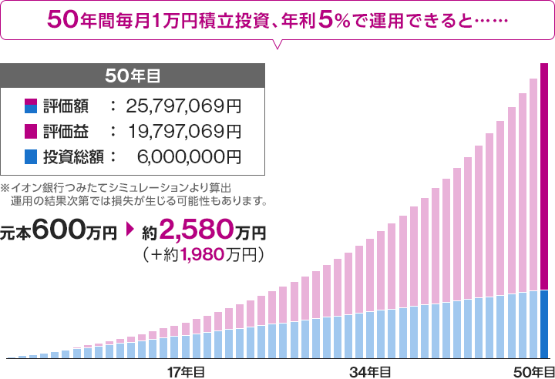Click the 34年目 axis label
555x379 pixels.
(368, 371)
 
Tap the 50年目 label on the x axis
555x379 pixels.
(533, 371)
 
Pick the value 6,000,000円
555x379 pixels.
(189, 156)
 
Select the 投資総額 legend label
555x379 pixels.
(66, 156)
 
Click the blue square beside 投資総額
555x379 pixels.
(30, 156)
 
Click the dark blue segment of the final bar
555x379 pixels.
(544, 324)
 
